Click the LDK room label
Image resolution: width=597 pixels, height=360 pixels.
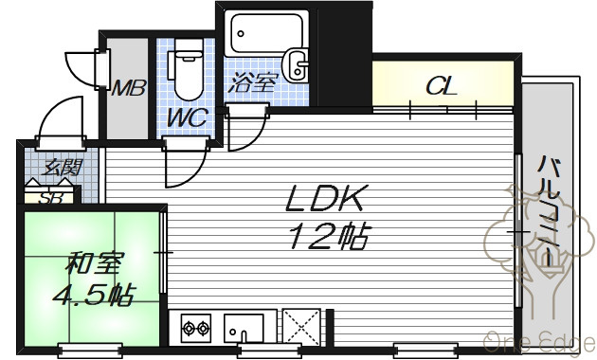point(323,198)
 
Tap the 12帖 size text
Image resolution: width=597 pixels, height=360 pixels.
point(329,236)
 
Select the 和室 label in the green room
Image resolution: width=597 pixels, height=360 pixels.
point(93,262)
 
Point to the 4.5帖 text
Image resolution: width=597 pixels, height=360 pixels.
point(93,295)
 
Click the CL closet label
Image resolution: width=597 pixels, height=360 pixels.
point(442,86)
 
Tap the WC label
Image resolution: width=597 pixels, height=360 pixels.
point(188,117)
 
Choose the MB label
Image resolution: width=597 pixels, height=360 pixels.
point(128,88)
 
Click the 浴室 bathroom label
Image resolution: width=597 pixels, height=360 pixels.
point(251,82)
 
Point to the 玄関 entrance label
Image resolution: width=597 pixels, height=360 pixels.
point(62,167)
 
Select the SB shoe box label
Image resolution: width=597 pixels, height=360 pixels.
point(51,198)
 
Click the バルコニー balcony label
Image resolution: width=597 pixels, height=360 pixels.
point(549,208)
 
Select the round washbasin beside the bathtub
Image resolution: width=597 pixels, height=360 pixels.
point(297,64)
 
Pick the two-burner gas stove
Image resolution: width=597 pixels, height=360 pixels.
point(196,328)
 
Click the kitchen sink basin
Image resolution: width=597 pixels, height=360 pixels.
point(244,328)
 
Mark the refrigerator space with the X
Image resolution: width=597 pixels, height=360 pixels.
point(301,327)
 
